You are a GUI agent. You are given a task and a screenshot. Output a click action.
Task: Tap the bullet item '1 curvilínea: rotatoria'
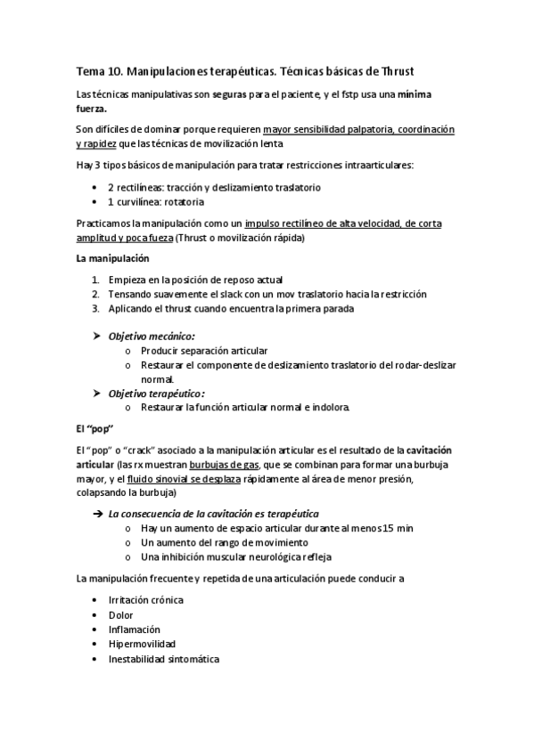coord(161,202)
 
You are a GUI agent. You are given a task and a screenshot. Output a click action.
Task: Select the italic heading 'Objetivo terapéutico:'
coord(156,393)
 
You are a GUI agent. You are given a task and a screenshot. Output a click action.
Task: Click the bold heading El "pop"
coord(98,427)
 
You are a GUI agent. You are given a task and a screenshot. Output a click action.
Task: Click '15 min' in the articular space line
coord(397,528)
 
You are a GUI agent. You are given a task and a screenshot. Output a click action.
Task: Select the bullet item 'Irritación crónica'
coord(145,599)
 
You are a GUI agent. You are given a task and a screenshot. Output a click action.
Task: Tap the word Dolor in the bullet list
coord(120,614)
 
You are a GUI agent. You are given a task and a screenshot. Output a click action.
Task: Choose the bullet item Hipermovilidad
coord(142,643)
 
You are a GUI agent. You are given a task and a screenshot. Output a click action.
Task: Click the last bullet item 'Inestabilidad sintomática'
coord(163,659)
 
